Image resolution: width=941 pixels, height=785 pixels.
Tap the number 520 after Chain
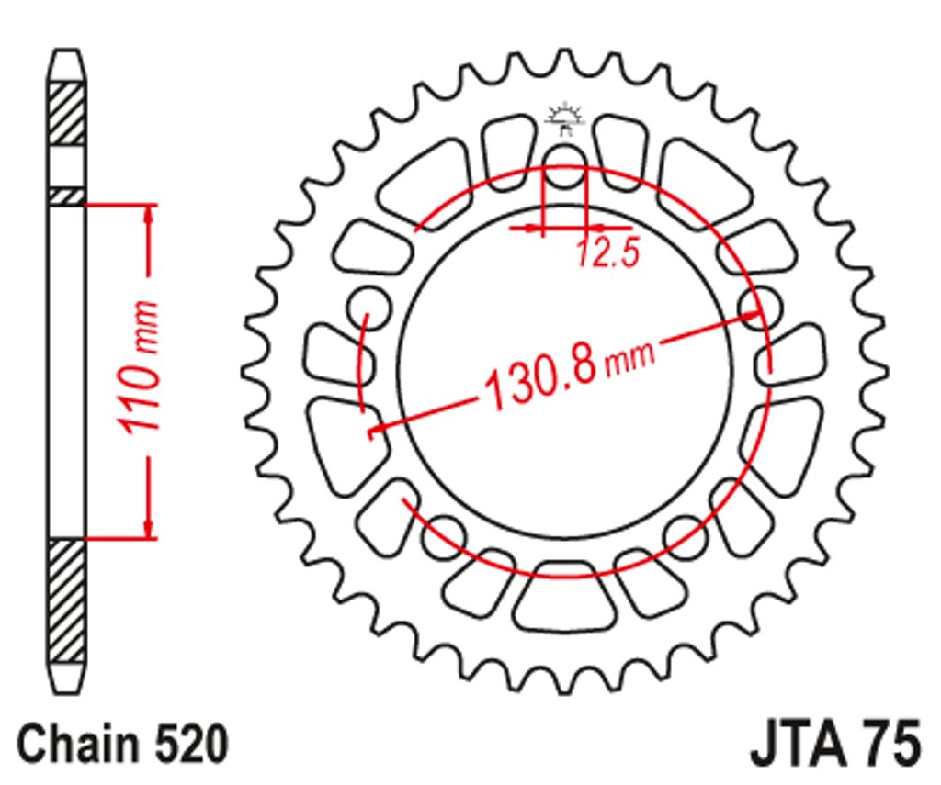[192, 745]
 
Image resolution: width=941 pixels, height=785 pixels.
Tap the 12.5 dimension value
[608, 252]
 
